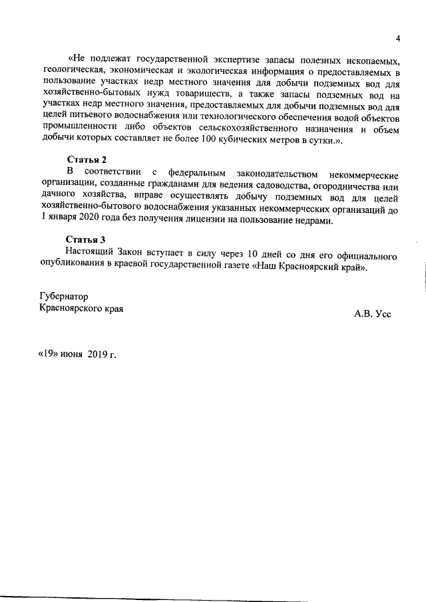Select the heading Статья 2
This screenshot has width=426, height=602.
click(x=87, y=160)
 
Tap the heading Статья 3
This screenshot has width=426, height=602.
click(x=87, y=239)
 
